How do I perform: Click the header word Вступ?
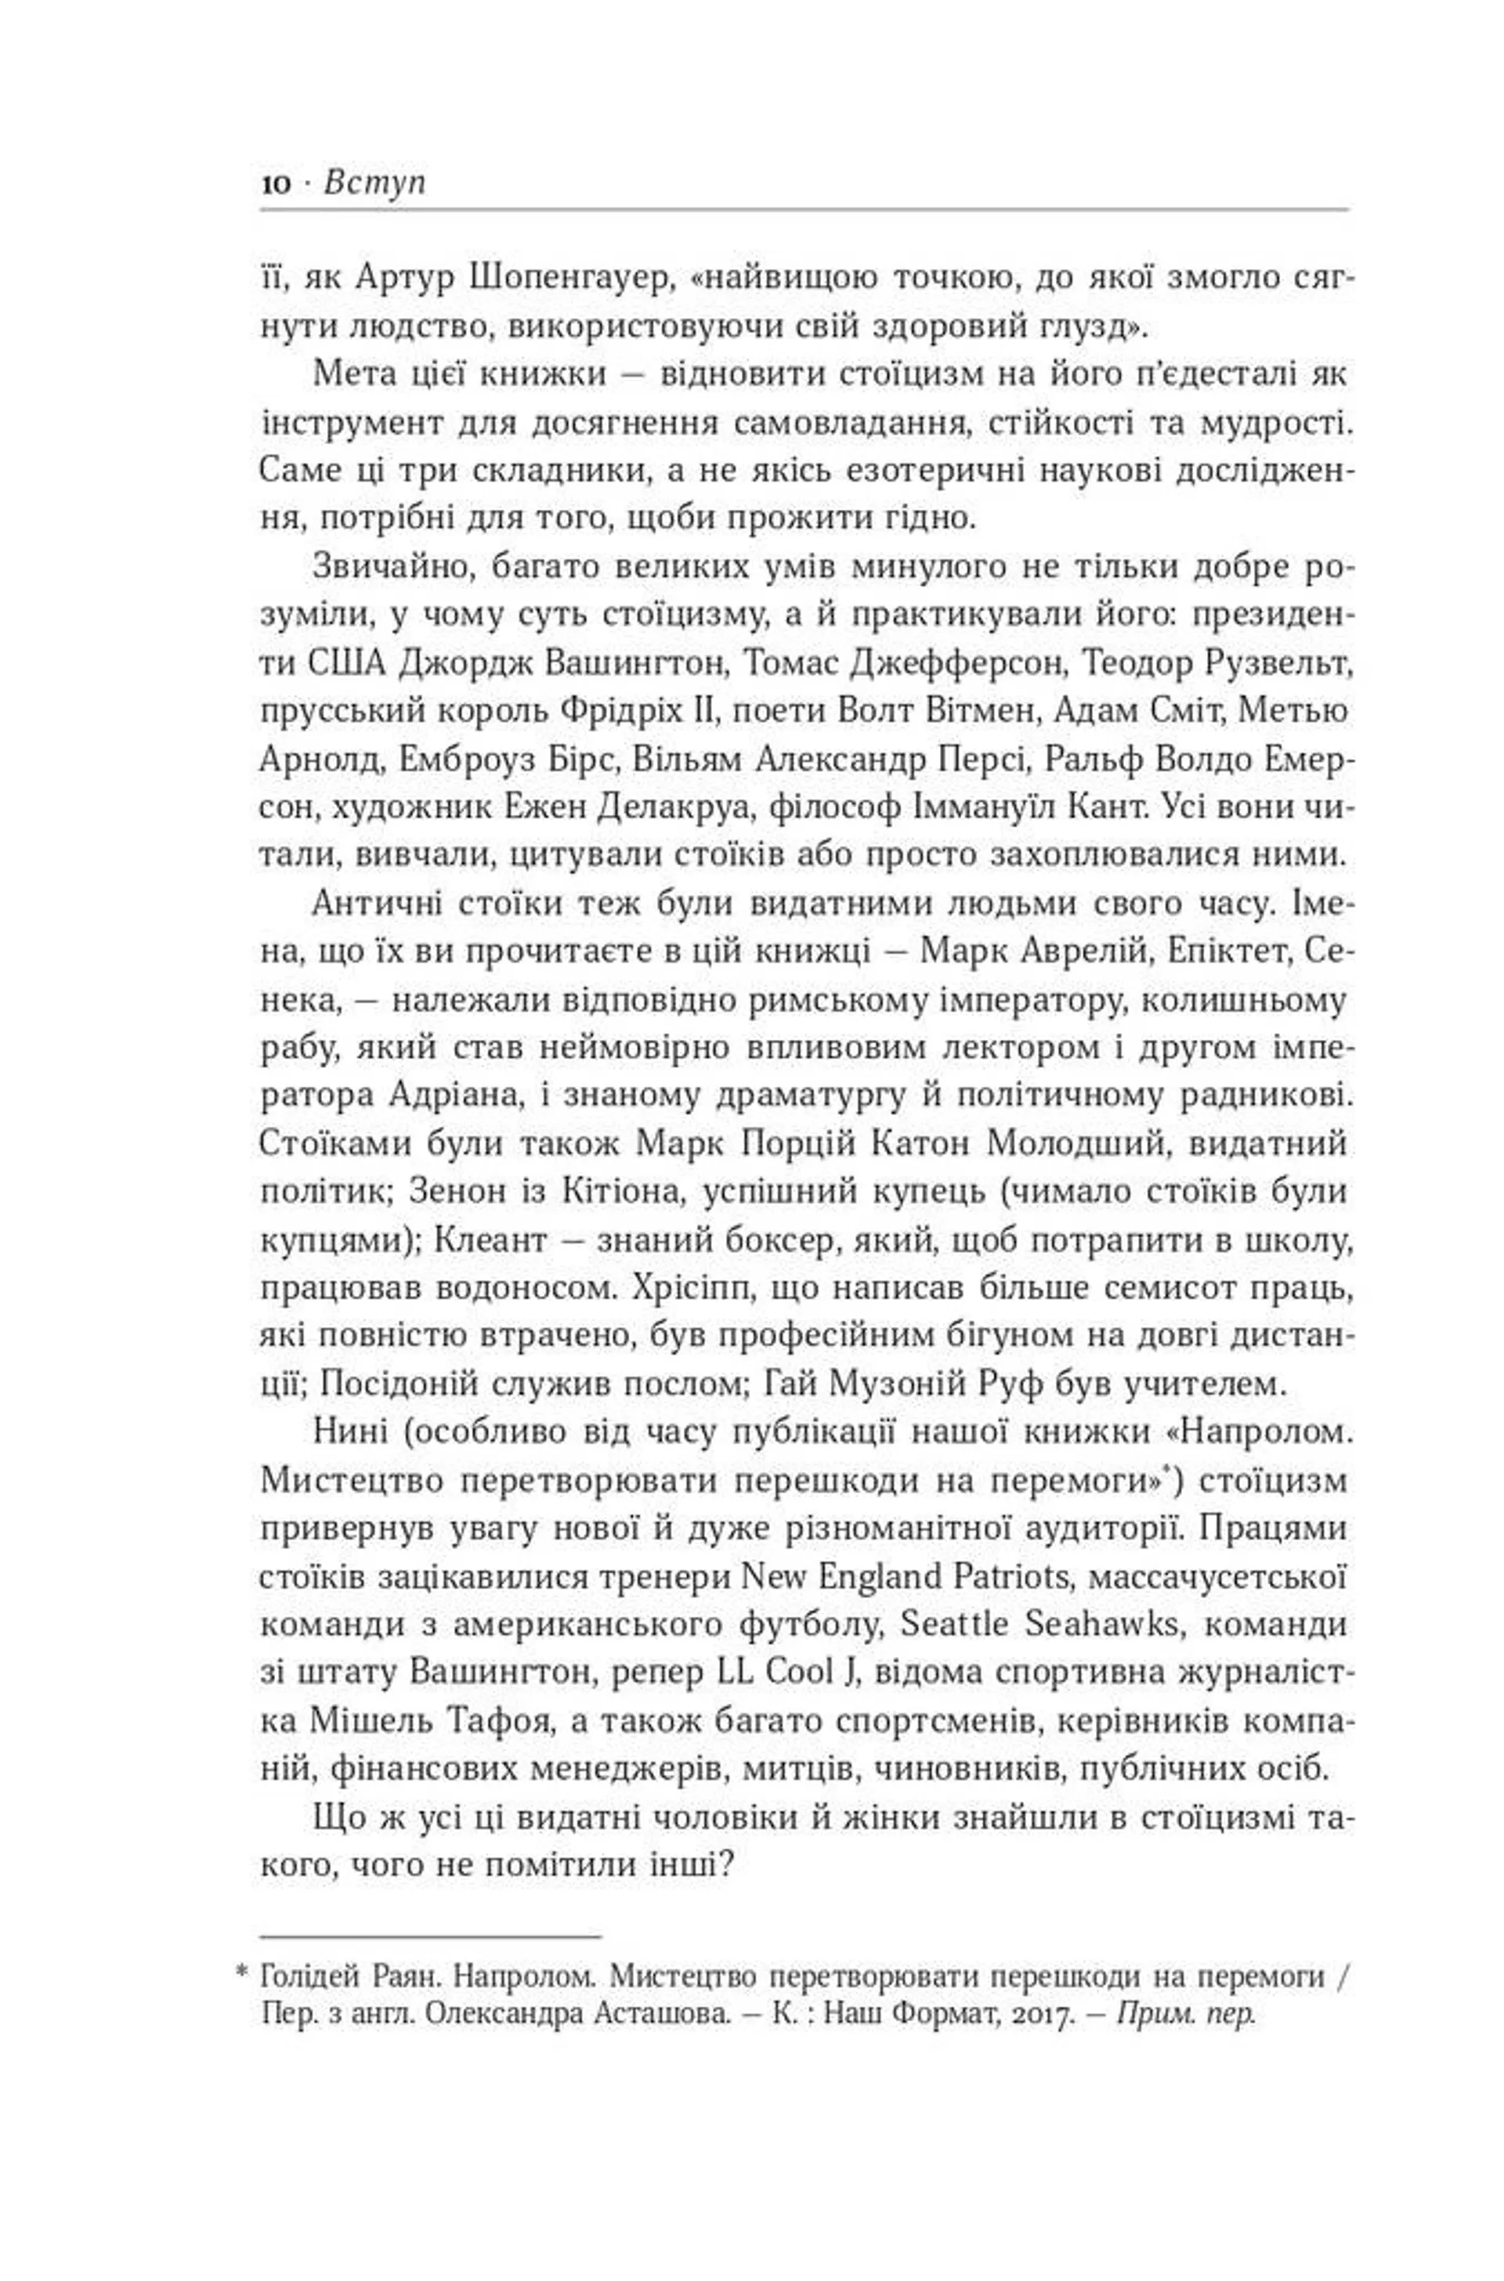pyautogui.click(x=375, y=182)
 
